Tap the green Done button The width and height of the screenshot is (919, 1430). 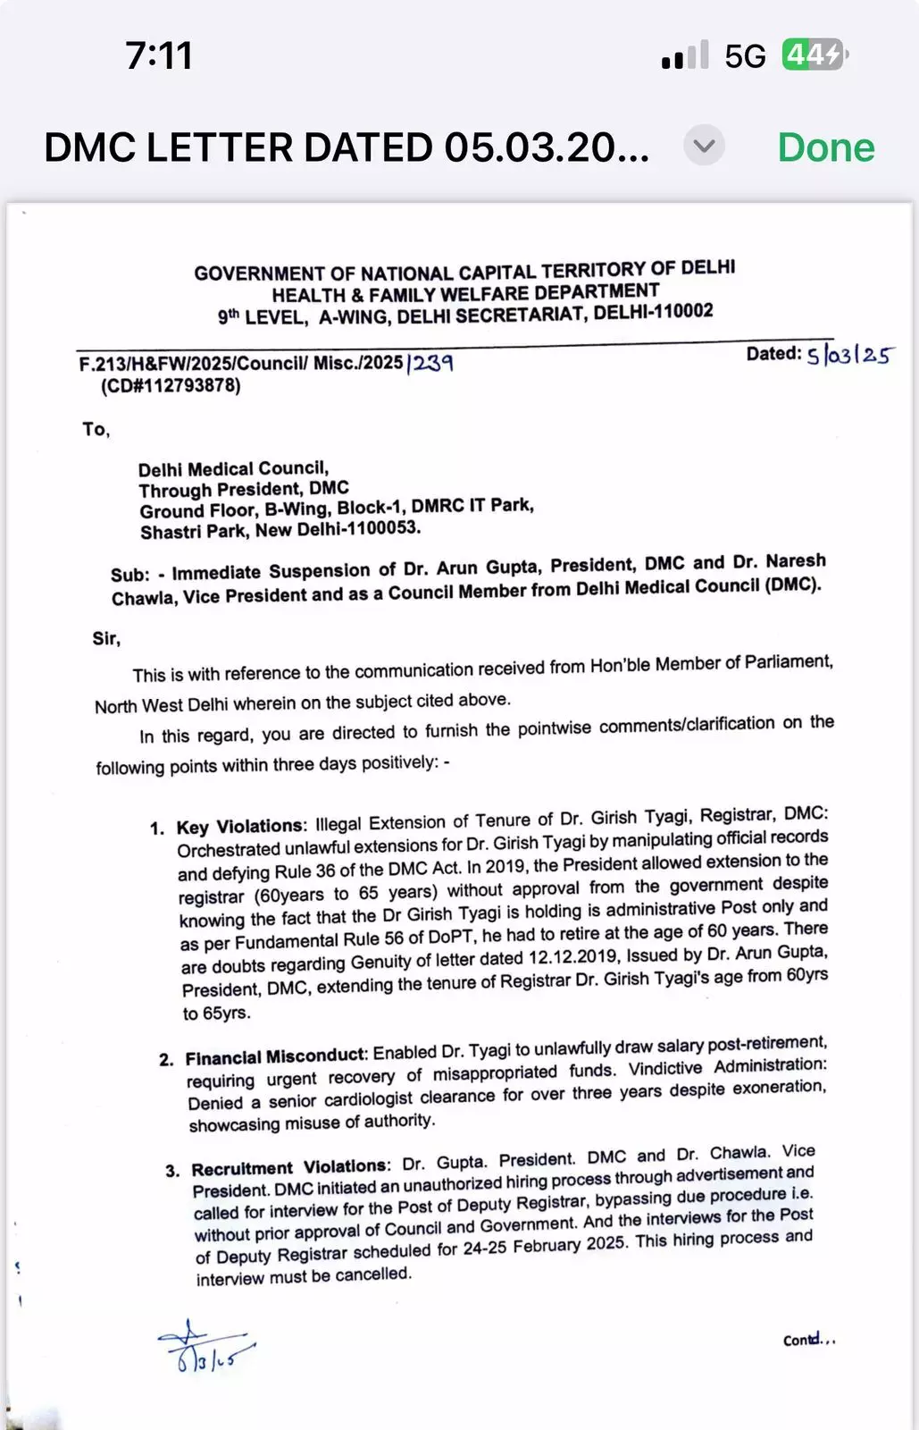pos(825,147)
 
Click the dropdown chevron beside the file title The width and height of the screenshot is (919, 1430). pos(704,145)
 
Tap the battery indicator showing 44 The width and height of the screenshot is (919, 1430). pos(814,55)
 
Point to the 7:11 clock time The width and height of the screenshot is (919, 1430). pos(159,55)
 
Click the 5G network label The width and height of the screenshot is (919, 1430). pos(745,57)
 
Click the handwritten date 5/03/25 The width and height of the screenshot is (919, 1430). pos(848,355)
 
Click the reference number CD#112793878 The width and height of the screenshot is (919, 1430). pos(171,386)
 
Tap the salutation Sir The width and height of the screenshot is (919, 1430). pos(106,638)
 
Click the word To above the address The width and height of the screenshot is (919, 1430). pos(96,429)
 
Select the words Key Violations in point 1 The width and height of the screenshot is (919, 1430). pos(240,826)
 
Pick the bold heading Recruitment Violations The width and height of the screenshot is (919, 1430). pos(290,1167)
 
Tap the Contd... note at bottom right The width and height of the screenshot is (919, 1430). pos(808,1340)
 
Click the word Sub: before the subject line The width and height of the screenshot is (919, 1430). pos(129,575)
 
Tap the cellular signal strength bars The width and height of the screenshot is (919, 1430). pos(685,56)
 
